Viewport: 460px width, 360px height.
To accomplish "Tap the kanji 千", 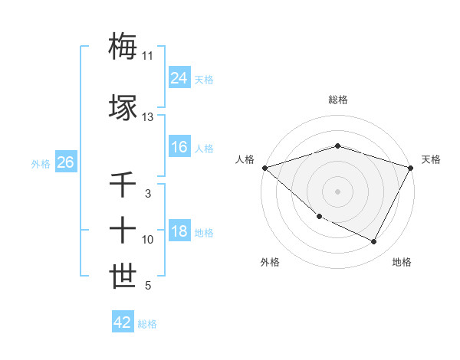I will (x=123, y=185).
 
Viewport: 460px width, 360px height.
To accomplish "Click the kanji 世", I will (x=123, y=275).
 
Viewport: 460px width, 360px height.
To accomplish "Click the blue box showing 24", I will (x=179, y=79).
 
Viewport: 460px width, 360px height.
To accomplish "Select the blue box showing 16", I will (x=179, y=148).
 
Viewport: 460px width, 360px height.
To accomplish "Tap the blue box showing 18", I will (x=179, y=232).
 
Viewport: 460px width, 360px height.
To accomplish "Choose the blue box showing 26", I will (x=65, y=163).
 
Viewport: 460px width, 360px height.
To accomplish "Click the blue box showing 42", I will (x=123, y=322).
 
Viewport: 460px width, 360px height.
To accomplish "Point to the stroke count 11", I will (x=147, y=56).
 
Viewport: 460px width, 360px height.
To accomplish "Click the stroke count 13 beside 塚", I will (x=147, y=117).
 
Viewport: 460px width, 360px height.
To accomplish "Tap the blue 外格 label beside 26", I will (x=41, y=164).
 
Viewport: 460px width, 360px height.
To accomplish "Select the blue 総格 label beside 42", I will (x=147, y=324).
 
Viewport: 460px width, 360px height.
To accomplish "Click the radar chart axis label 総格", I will (x=337, y=100).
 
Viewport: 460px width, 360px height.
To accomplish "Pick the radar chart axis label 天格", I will (x=431, y=159).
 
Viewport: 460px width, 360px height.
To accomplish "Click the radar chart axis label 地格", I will (x=402, y=262).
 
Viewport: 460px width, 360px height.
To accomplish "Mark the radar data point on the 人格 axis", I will (x=264, y=167).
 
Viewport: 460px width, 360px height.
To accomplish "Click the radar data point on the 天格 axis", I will (x=411, y=167).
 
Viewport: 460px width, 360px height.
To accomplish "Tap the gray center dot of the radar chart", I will (x=337, y=191).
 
